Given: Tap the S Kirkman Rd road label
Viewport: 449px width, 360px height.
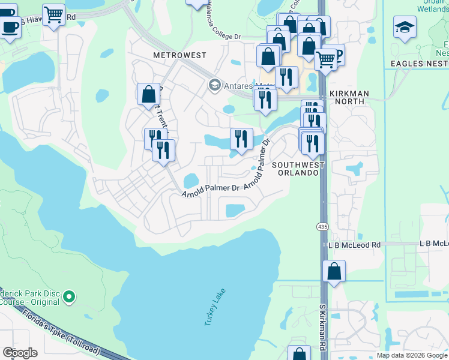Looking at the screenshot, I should pos(322,326).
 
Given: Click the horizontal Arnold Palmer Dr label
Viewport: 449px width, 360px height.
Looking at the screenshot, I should pos(211,189).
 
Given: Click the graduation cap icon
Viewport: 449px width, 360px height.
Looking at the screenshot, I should pos(405,26).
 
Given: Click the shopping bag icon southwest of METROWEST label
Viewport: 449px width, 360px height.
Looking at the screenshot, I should pos(148,94).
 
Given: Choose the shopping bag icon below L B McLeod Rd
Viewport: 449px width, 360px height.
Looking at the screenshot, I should pos(334,271).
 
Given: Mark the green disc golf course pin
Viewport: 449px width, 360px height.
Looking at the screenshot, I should pos(70,296).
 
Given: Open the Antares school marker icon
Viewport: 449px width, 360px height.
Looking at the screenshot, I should pos(214,85).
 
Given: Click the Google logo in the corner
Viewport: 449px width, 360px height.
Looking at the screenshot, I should pos(20,353).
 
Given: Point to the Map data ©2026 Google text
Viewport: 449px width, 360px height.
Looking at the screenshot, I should pos(411,355).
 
